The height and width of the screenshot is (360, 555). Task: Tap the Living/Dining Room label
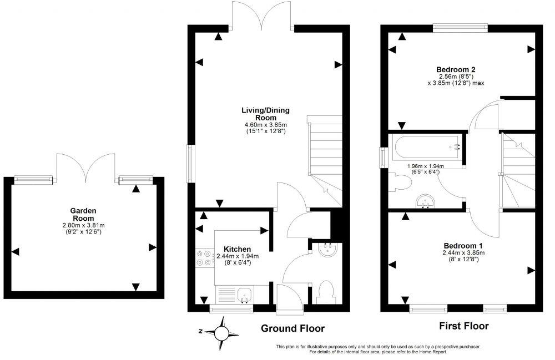coord(265,114)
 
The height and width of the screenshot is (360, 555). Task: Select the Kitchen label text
coord(238,249)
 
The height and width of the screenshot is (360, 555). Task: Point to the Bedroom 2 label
coord(457,69)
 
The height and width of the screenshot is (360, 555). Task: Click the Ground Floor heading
coord(292,329)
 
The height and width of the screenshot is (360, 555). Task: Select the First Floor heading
coord(464,326)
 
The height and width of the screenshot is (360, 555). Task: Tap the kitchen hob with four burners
coord(204,258)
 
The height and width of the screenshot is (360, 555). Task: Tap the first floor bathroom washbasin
coord(425,201)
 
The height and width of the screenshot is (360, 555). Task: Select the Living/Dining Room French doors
coord(263,16)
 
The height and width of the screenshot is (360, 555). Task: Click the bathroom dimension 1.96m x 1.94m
coord(427,169)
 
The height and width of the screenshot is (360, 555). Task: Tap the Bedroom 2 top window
coord(460,26)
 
